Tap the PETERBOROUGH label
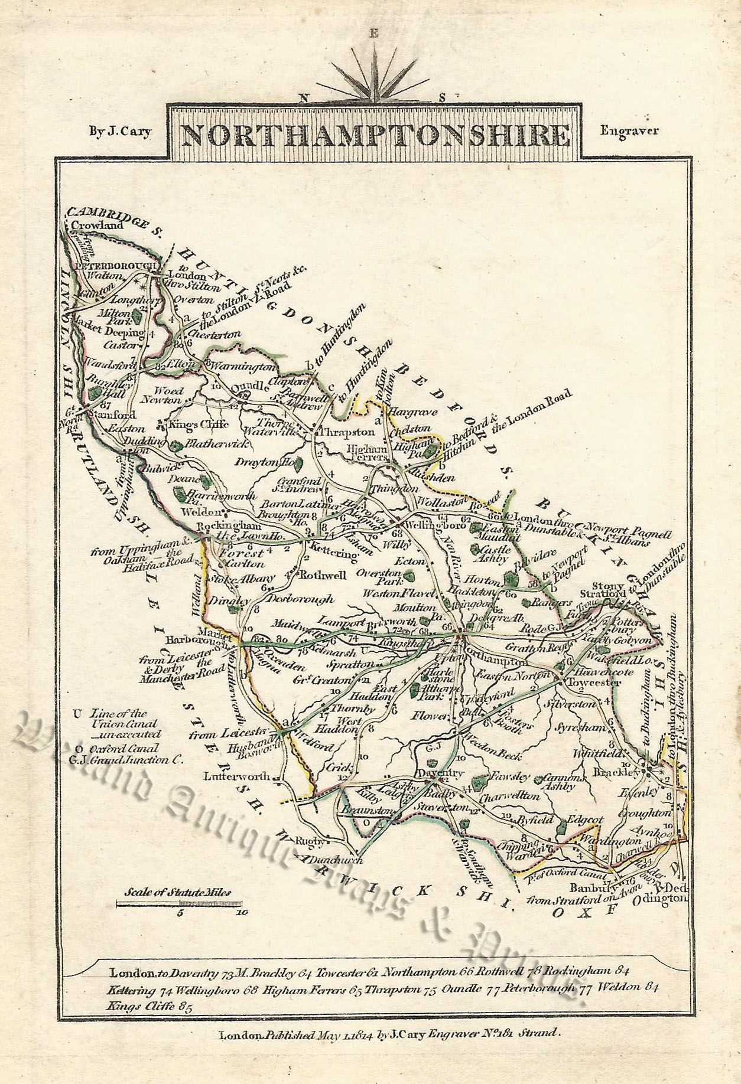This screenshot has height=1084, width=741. click(112, 266)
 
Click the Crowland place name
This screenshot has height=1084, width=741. click(97, 225)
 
